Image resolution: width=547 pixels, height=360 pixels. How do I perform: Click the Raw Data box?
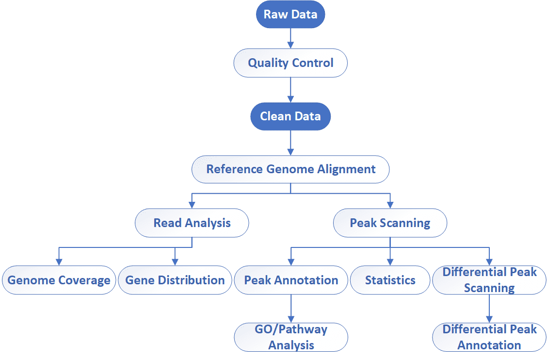[x=290, y=14]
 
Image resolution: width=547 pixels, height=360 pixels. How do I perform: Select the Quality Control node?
[x=290, y=63]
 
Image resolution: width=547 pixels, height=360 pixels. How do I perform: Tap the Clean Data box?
[x=290, y=116]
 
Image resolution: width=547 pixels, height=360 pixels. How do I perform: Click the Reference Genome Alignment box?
[x=290, y=169]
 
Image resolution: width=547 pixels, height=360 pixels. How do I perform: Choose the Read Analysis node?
[x=192, y=223]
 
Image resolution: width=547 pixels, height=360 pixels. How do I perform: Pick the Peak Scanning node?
[x=390, y=223]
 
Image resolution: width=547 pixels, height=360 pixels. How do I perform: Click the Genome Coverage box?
[x=59, y=280]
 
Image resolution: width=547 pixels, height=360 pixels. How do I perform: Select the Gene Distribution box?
[x=175, y=280]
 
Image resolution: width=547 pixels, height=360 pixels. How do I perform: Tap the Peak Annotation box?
[x=290, y=280]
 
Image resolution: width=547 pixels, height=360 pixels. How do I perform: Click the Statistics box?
[x=390, y=280]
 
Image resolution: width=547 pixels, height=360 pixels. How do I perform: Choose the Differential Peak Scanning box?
[x=489, y=280]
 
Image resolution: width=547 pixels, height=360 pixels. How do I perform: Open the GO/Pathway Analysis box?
[x=290, y=337]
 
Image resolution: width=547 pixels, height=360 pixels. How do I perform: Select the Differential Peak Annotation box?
[x=489, y=337]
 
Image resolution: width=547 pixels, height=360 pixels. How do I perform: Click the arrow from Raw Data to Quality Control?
[x=290, y=38]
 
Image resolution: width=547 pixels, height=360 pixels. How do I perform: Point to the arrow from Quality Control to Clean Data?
[x=290, y=89]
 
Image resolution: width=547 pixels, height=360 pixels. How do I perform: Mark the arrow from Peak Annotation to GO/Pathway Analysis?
[x=290, y=309]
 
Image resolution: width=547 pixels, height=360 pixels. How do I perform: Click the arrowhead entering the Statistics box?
[x=390, y=262]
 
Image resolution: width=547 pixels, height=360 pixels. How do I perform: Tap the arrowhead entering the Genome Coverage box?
[x=59, y=262]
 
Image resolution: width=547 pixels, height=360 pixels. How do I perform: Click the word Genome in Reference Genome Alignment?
[x=290, y=169]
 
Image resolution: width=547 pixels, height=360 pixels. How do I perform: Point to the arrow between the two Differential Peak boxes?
[x=489, y=309]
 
